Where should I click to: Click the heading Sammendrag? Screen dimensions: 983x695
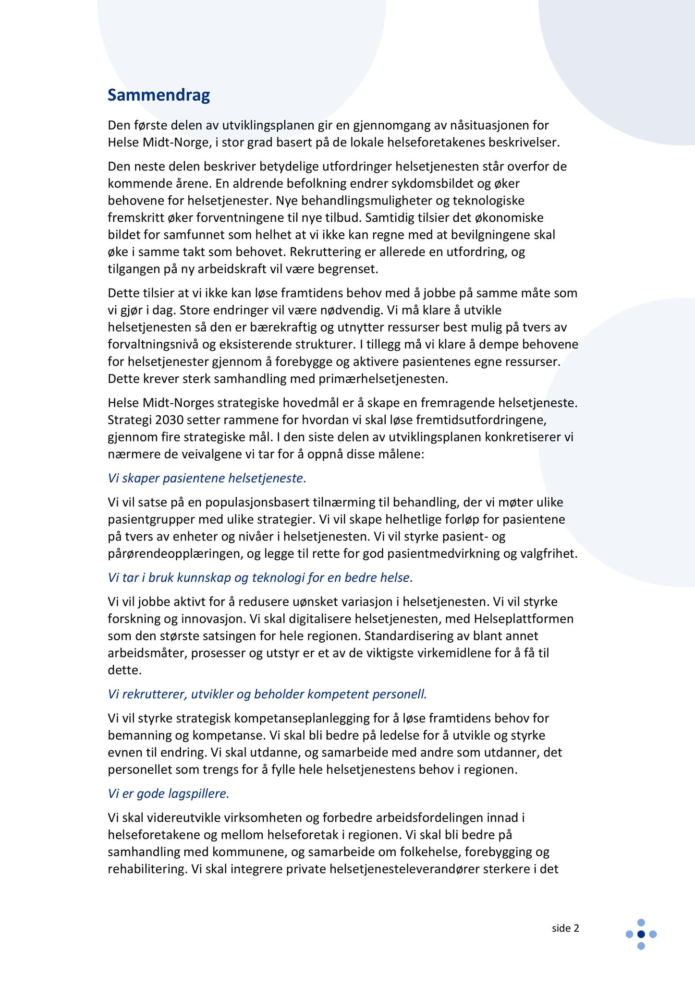pos(159,95)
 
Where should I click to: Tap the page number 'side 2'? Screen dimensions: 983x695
pos(565,928)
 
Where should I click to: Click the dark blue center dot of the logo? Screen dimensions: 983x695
pos(641,934)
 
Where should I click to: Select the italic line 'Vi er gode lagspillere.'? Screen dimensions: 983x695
pos(169,793)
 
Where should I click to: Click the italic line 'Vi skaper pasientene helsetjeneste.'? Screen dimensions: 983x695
pos(207,478)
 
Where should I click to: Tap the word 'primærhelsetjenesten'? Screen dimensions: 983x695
pos(383,379)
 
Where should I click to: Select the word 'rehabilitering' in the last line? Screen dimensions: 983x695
pos(146,869)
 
